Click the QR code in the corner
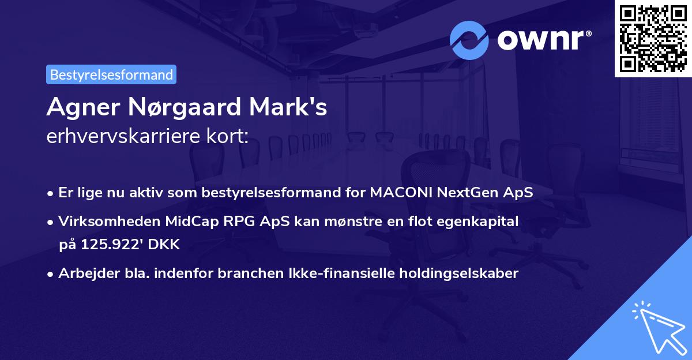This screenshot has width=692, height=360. (x=653, y=39)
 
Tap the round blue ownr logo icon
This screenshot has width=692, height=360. (x=469, y=40)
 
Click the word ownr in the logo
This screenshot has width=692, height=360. (x=544, y=40)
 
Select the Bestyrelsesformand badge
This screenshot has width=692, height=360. (x=111, y=74)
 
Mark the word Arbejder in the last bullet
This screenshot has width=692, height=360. (x=84, y=273)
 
